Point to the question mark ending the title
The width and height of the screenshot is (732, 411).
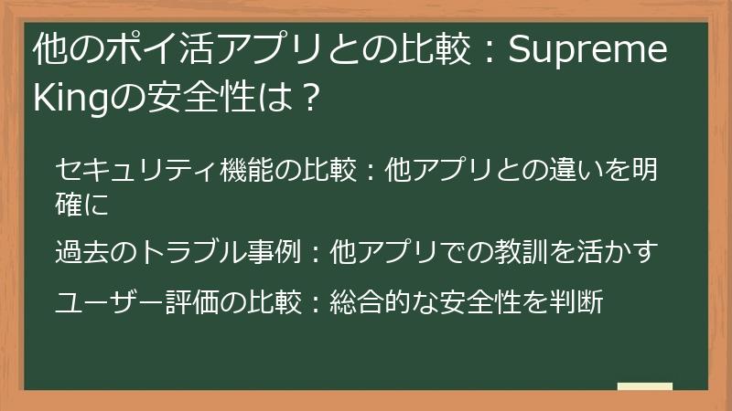(x=308, y=94)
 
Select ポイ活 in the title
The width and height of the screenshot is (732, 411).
(x=145, y=52)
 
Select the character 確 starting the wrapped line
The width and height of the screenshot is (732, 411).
(x=69, y=205)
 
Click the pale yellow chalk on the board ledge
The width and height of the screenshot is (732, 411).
(x=645, y=386)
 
